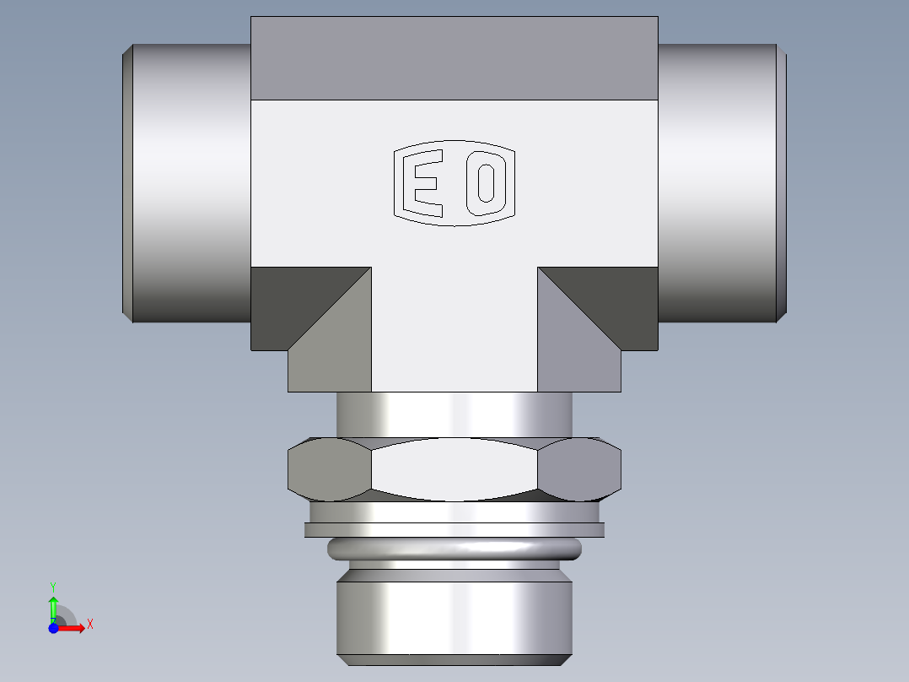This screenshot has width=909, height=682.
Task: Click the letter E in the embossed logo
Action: (x=424, y=183)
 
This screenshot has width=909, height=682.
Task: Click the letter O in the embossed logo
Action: (x=485, y=183)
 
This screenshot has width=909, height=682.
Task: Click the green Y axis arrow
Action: (x=53, y=606)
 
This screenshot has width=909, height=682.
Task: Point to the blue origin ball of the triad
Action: (x=53, y=628)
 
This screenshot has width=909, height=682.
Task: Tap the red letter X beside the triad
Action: (x=89, y=625)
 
